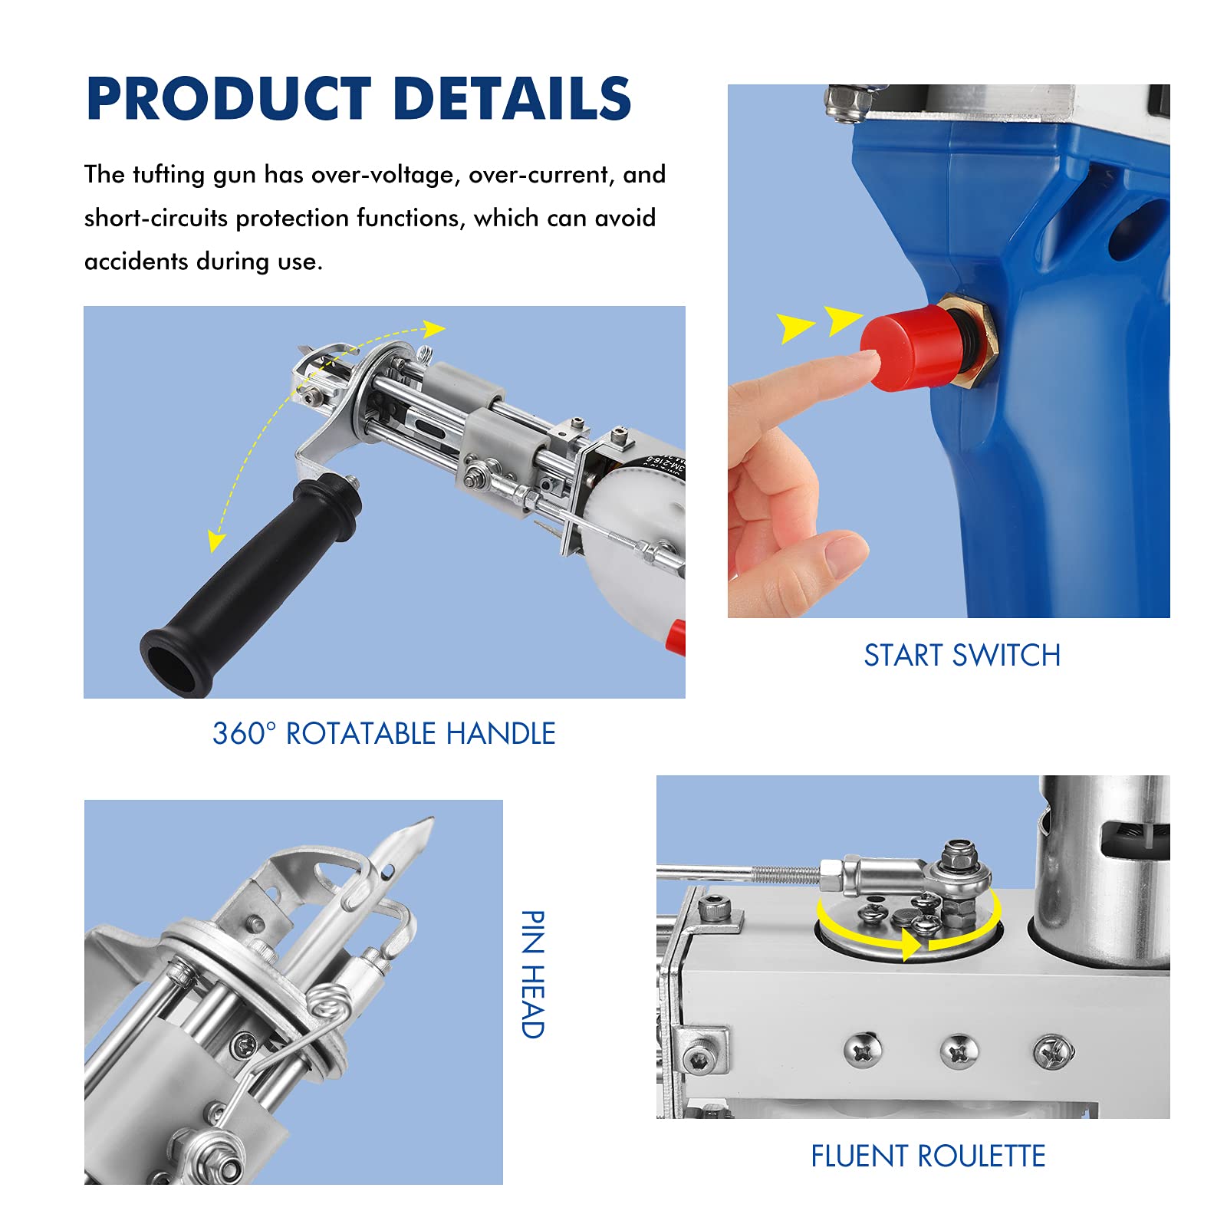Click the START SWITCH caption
pos(962,656)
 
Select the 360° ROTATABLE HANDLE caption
pos(383,734)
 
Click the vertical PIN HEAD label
pos(532,974)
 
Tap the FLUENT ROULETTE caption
pos(928,1156)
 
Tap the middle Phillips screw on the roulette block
pos(959,1051)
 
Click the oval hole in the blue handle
pos(1133,230)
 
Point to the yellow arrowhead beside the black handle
pos(216,541)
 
